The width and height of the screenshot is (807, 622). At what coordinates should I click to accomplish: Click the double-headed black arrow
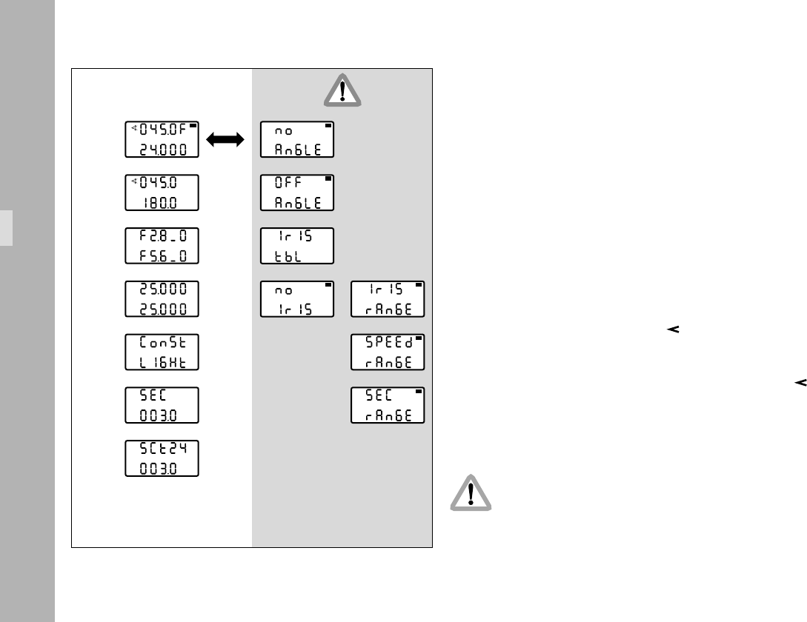tap(226, 140)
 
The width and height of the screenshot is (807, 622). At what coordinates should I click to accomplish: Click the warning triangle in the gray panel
tap(342, 92)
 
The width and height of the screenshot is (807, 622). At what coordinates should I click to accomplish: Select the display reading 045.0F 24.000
tap(162, 139)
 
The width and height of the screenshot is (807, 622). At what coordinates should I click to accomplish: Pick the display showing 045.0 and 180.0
tap(162, 193)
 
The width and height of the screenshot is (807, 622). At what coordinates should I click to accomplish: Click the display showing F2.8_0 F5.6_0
tap(162, 246)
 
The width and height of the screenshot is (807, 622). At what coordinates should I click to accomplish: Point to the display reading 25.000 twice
tap(162, 298)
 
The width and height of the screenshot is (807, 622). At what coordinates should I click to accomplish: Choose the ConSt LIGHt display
tap(162, 352)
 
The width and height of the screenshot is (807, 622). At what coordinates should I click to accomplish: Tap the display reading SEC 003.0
tap(162, 405)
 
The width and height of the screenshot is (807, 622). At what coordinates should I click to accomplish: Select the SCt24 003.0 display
tap(162, 458)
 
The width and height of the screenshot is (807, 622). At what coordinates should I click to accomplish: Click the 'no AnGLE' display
tap(297, 139)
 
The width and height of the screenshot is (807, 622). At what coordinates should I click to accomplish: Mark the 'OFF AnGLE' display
tap(297, 193)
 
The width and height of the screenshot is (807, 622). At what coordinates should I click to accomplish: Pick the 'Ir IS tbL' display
tap(297, 246)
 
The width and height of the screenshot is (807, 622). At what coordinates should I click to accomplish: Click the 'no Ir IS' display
tap(297, 298)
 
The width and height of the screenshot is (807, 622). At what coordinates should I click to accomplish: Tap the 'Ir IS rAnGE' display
tap(388, 298)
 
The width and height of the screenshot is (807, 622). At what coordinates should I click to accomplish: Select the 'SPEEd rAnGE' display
tap(388, 352)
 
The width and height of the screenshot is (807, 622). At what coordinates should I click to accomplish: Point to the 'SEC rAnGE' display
tap(388, 405)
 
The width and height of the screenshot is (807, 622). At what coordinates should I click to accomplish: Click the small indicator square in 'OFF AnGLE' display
tap(328, 179)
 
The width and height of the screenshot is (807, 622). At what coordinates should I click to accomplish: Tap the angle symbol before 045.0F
tap(134, 128)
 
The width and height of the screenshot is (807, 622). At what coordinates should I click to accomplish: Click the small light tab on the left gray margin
tap(6, 227)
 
